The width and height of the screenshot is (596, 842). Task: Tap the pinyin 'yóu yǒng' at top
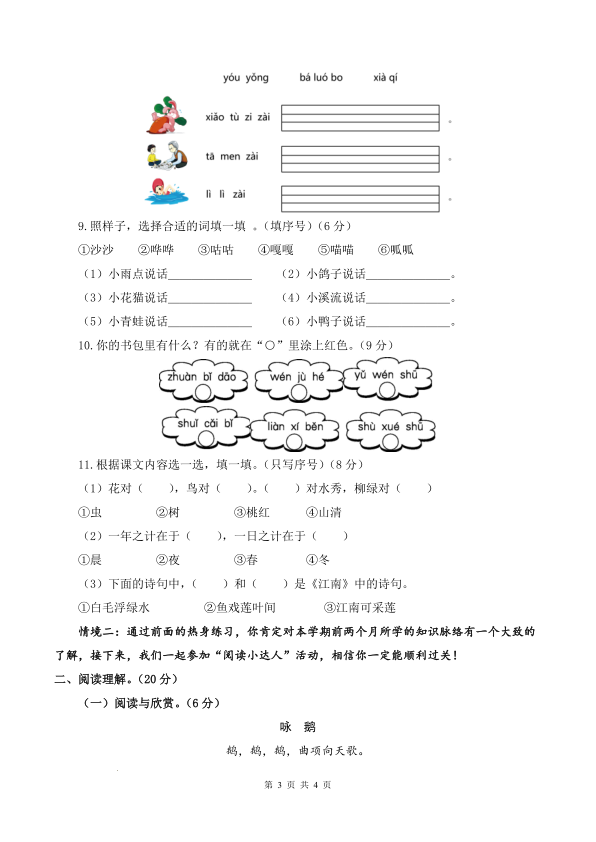point(246,78)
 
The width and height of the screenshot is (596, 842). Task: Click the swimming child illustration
point(163,191)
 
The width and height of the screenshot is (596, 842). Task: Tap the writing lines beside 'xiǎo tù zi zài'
point(360,116)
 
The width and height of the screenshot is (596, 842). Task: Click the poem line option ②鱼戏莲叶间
point(239,607)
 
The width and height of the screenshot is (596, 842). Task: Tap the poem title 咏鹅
point(298,727)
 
